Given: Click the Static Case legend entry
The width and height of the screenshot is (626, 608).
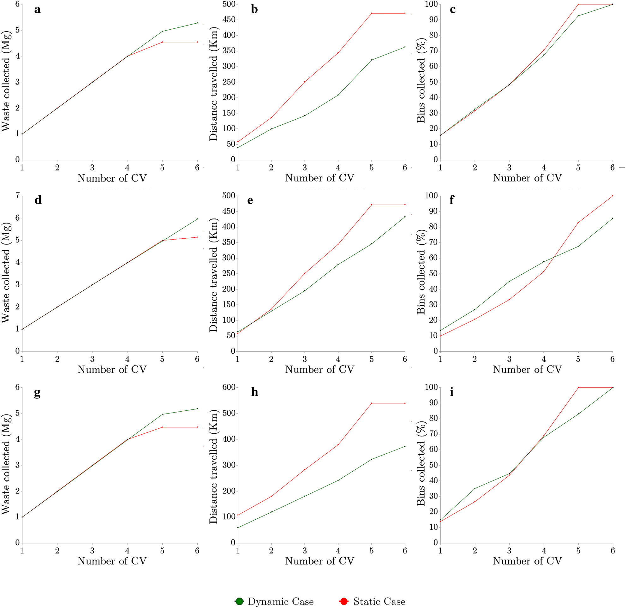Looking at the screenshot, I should coord(372,602).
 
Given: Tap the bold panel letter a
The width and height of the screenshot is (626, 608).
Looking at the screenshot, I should coord(37,10).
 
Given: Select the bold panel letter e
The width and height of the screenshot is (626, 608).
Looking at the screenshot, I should coord(250,200).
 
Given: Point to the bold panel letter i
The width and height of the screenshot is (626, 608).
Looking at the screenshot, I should coord(452,392).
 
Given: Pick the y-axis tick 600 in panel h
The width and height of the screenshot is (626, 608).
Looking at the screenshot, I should coord(227,387).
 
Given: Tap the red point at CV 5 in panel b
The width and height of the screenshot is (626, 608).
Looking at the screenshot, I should coord(372,13).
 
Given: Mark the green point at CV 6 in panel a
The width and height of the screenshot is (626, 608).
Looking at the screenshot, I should coord(197,23).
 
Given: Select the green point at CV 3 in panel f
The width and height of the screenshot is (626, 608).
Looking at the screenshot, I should coord(509,281).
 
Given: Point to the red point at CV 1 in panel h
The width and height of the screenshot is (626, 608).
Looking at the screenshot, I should coord(238,515).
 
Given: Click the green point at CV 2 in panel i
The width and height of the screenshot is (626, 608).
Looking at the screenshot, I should coord(475,488).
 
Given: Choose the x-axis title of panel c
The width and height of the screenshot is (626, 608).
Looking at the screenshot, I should coord(527,178).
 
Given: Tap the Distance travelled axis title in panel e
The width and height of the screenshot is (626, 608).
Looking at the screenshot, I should coord(213,275).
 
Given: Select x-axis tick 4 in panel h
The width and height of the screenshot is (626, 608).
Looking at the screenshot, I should coord(338,551).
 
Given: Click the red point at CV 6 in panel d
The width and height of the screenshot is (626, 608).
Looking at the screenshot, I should coord(197,237).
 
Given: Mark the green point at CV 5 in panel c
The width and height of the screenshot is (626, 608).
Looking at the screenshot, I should coord(578,16).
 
